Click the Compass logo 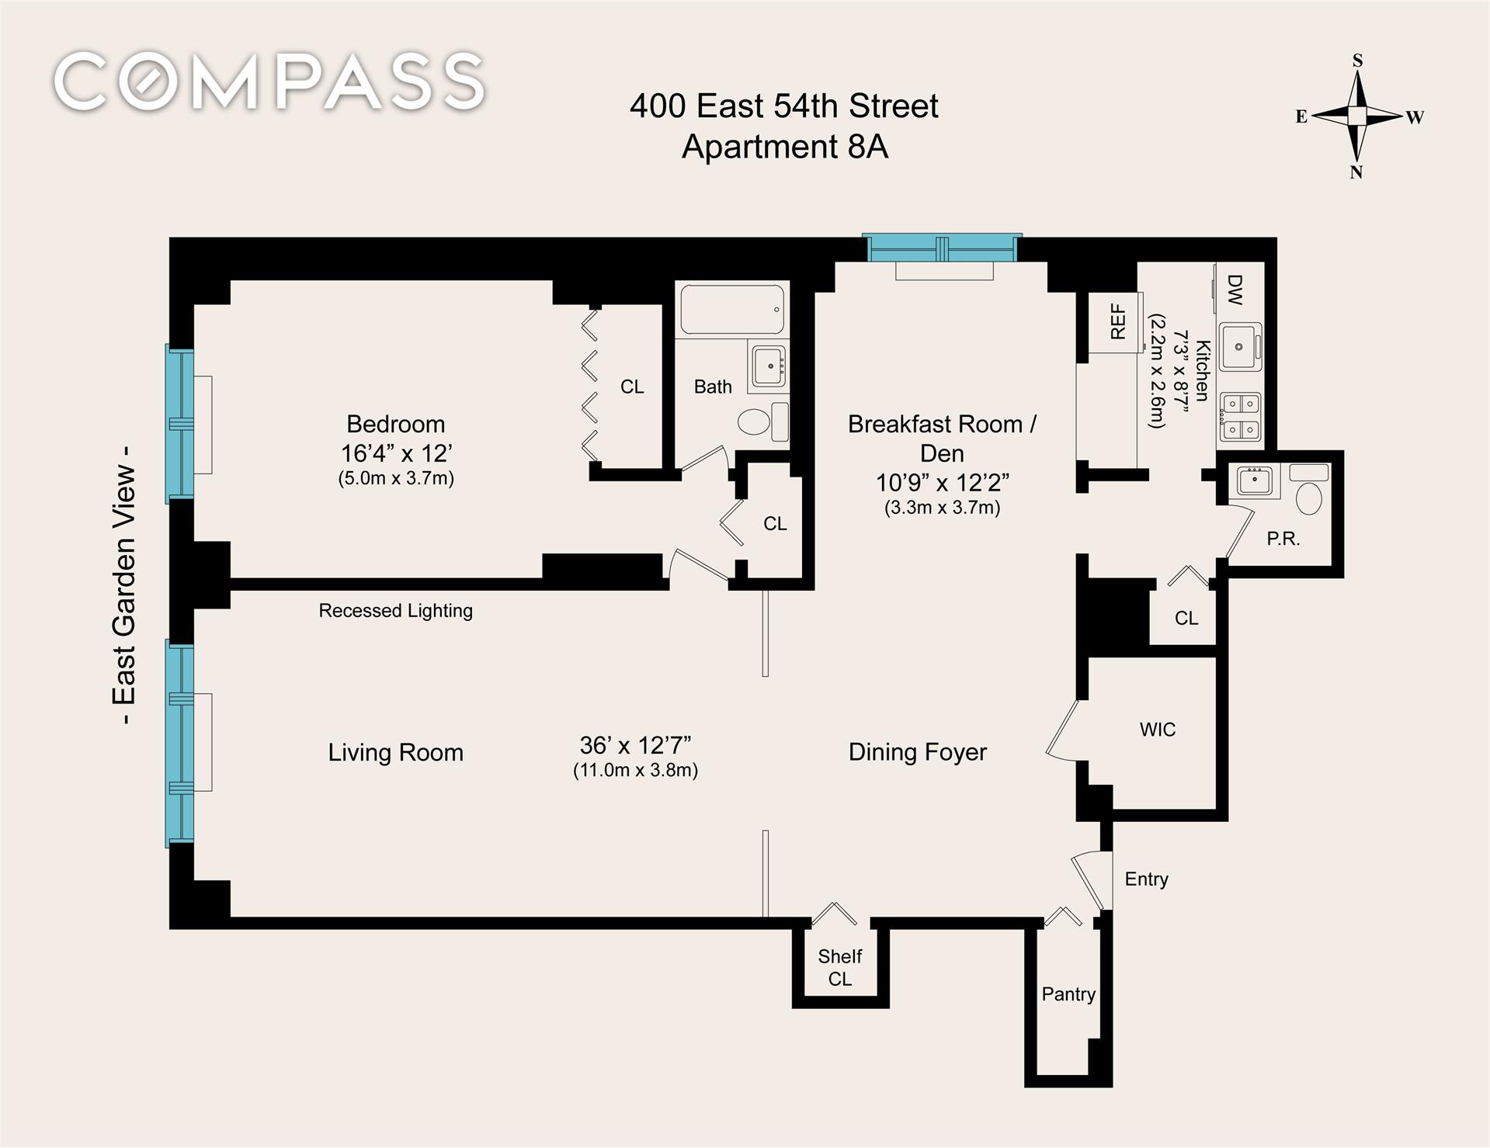[x=269, y=81]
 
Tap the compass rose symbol [x=1356, y=116]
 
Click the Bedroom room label [x=395, y=424]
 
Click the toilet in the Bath [x=762, y=421]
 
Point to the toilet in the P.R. [x=1309, y=490]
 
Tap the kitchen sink [x=1240, y=347]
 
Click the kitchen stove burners [x=1240, y=418]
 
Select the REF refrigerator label [x=1117, y=321]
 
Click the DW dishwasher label [x=1235, y=290]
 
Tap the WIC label [x=1157, y=730]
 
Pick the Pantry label [x=1068, y=994]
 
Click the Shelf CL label [x=839, y=967]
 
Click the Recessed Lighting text [x=395, y=611]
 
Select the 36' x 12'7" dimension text [x=635, y=745]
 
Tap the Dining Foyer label [x=917, y=752]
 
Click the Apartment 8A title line [x=784, y=147]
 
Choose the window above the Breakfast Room [x=942, y=249]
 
